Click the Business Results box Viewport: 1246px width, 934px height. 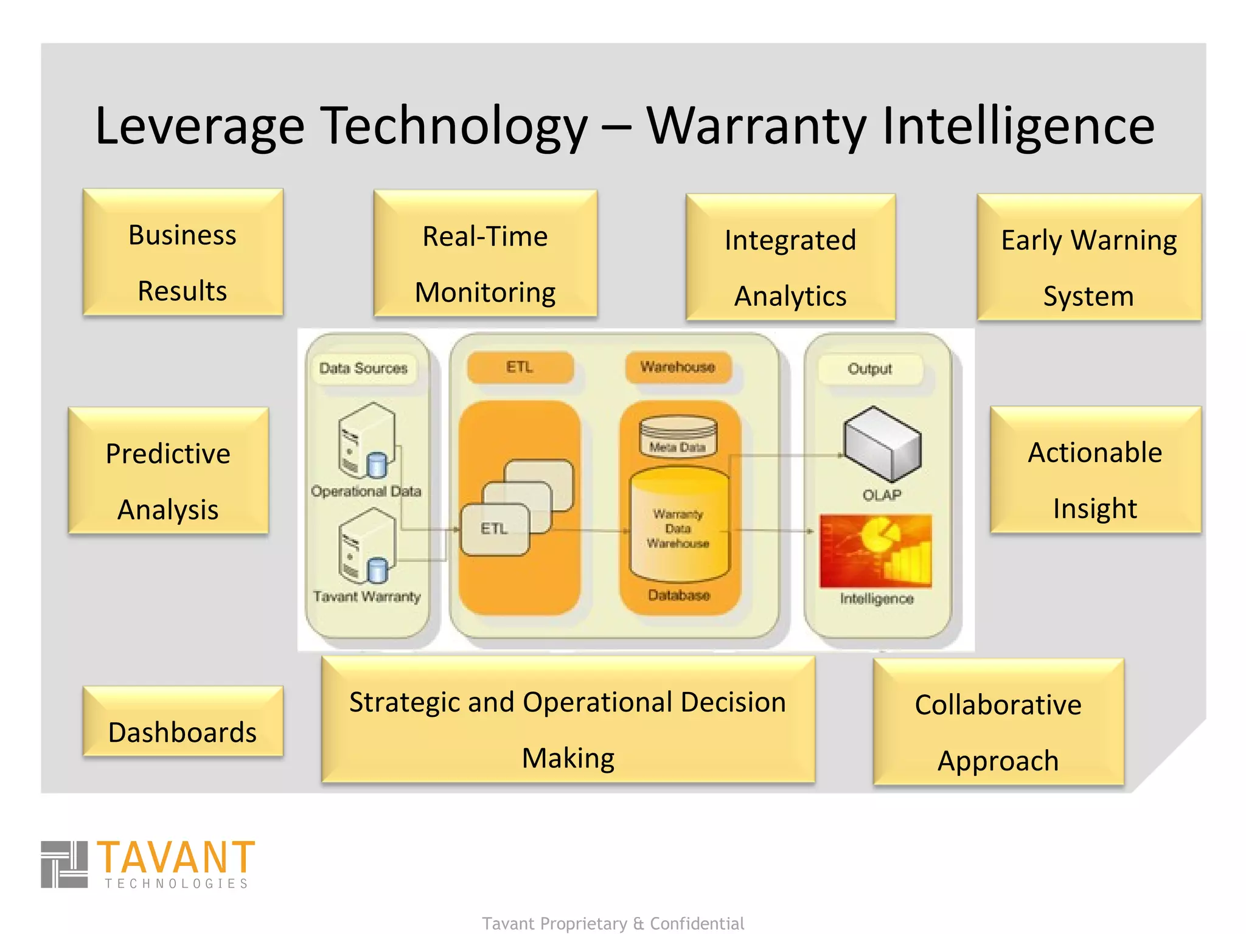click(183, 252)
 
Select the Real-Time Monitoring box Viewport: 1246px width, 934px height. click(485, 254)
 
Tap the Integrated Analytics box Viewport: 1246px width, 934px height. click(790, 257)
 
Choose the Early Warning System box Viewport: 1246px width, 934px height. click(1088, 257)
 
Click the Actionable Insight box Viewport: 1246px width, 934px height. click(1095, 470)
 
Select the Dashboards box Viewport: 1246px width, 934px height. click(183, 722)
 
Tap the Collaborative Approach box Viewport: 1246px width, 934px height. click(998, 722)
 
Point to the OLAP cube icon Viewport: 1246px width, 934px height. click(882, 444)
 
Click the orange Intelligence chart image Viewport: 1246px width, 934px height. click(875, 551)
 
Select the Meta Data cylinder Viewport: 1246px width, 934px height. click(678, 435)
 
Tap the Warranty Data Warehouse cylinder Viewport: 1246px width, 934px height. click(678, 525)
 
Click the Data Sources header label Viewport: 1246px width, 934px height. click(363, 368)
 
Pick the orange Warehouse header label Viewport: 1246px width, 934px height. click(678, 367)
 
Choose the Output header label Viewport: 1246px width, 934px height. click(869, 369)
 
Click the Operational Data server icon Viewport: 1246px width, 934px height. click(366, 440)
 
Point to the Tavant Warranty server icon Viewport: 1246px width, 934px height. click(367, 546)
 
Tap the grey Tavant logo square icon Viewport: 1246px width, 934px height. click(64, 865)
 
